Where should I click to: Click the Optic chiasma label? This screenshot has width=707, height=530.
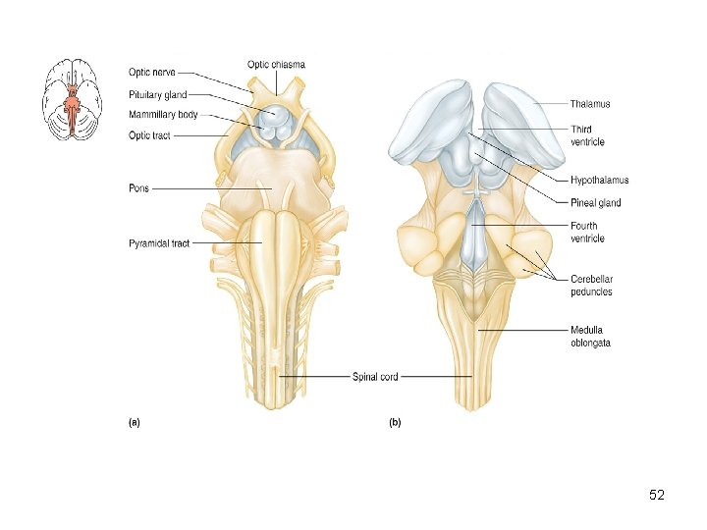(x=276, y=65)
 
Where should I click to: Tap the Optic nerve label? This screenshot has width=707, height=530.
(x=152, y=73)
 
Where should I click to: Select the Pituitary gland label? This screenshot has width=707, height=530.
(x=157, y=95)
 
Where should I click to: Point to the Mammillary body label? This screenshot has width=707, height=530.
(x=163, y=115)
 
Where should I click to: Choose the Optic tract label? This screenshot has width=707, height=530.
(x=149, y=135)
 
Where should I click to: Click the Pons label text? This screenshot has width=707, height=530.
(x=138, y=188)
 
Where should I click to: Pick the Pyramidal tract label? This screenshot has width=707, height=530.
(x=158, y=243)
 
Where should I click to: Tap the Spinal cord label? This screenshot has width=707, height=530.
(x=375, y=377)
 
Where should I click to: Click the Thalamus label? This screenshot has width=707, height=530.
(x=590, y=103)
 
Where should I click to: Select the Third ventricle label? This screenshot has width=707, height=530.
(x=587, y=135)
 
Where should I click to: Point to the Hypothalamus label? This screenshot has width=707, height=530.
(x=599, y=181)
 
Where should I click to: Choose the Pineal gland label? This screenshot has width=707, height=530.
(x=595, y=203)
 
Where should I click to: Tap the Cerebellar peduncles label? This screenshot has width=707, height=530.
(x=591, y=286)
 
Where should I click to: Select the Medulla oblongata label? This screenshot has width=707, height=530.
(x=590, y=337)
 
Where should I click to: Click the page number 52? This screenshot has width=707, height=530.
(x=657, y=496)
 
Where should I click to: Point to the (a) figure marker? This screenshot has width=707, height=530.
(x=135, y=423)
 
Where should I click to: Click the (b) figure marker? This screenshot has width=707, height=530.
(x=395, y=423)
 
